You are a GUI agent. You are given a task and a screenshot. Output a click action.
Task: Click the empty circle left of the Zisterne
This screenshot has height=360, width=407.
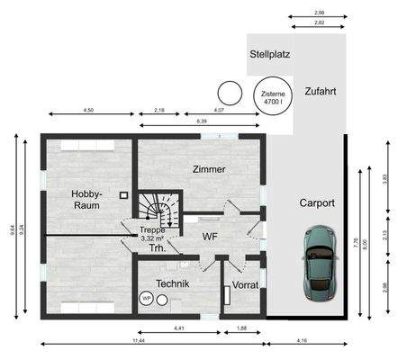pos(229,92)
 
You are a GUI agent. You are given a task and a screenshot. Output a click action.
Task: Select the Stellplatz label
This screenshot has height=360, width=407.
pos(268,54)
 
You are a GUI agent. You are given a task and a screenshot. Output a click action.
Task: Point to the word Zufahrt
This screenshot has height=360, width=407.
pos(322,92)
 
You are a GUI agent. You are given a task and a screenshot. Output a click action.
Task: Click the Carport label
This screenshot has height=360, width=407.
pos(317,203)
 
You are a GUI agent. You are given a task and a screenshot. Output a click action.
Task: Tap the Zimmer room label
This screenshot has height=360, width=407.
pos(209,169)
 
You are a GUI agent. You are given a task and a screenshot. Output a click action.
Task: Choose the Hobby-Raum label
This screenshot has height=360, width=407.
pos(87,200)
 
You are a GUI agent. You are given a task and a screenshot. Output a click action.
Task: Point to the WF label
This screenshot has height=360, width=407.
pos(211,238)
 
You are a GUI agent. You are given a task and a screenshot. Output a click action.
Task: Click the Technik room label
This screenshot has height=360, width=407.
pos(173,283)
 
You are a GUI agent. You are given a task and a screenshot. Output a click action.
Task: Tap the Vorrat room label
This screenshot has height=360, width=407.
pos(245,284)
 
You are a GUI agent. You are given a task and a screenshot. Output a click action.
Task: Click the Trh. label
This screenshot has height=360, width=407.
pos(157,248)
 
